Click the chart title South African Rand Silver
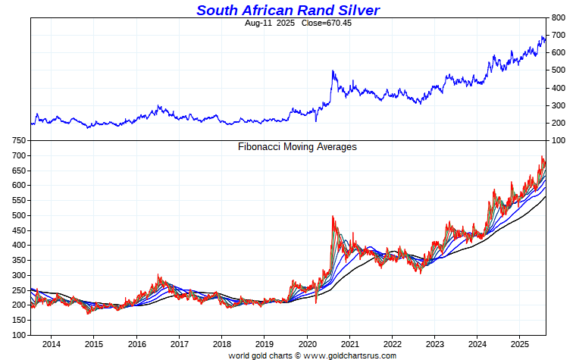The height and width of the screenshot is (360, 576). point(288,10)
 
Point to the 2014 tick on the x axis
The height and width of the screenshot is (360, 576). point(52,345)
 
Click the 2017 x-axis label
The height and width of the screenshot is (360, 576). point(179,345)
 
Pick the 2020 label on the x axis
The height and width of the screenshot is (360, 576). point(307,345)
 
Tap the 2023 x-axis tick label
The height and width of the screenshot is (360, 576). point(434,345)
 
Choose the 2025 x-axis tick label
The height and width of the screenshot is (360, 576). point(519,345)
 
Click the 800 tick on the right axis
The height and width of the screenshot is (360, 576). point(558,17)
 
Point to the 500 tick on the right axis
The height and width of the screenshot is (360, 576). point(558,70)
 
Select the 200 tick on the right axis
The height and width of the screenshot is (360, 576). point(558,124)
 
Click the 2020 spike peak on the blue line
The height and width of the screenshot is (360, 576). point(333,71)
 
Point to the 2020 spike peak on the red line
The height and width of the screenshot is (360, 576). point(333,217)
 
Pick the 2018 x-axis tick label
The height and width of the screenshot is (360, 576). point(221,345)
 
